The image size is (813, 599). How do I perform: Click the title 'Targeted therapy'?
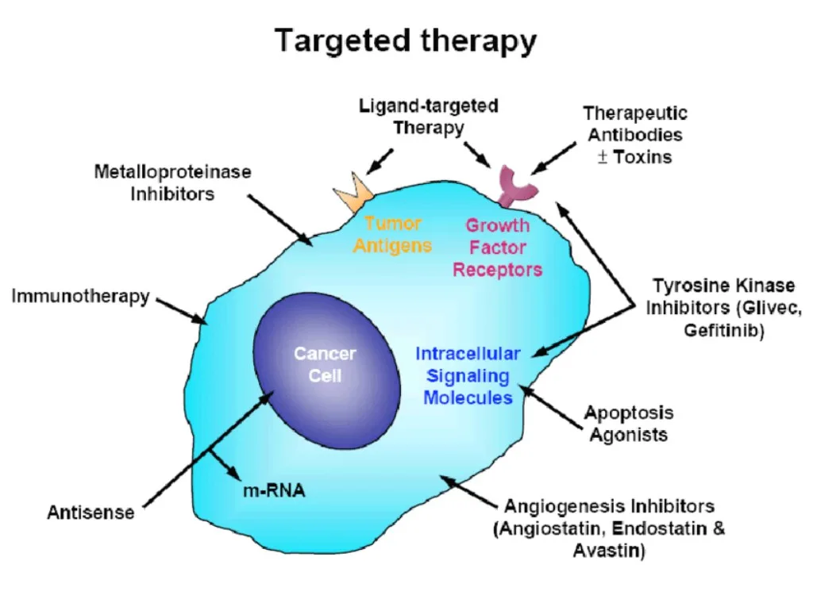click(406, 40)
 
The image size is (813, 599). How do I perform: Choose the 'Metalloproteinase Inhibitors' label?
click(172, 182)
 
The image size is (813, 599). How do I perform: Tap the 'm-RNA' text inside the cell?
click(273, 491)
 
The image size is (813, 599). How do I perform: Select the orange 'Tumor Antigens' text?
click(392, 234)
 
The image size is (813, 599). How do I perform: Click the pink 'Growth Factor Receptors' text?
click(497, 248)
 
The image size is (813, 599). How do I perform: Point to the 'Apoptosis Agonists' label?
click(628, 423)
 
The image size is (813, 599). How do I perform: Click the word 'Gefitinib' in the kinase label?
click(723, 331)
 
